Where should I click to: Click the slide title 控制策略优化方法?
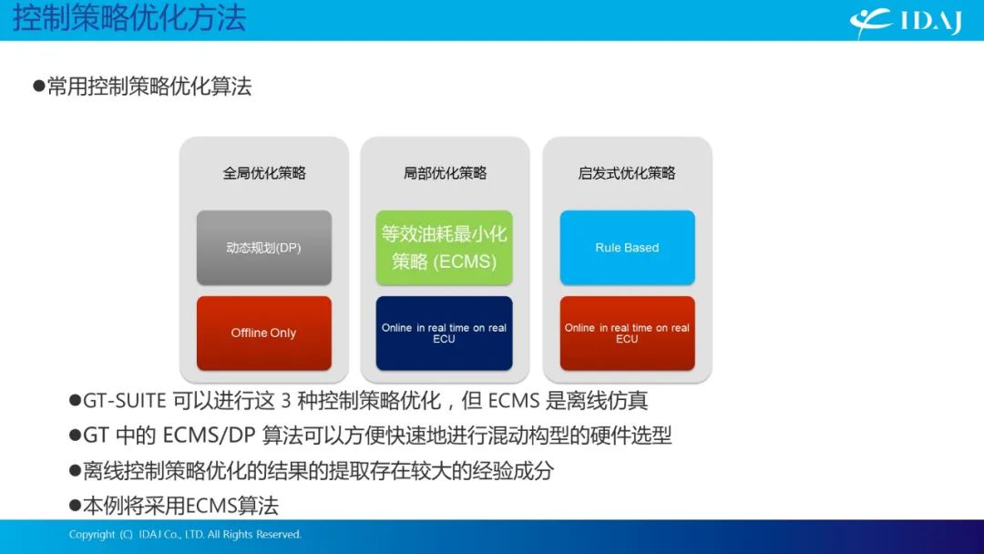coord(129,17)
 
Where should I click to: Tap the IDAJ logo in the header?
coord(906,22)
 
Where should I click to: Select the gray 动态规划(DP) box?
coord(263,248)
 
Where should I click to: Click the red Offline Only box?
coord(263,333)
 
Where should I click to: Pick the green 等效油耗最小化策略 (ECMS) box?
coord(445,248)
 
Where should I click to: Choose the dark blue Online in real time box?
coord(445,333)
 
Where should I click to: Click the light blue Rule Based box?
coord(627,248)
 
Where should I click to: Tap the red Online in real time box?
coord(627,333)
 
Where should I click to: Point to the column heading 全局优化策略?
coord(264,173)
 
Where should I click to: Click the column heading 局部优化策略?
coord(445,173)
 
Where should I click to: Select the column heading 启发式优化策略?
coord(626,173)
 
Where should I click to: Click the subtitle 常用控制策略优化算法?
coord(149,86)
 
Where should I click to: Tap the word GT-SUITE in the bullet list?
coord(124,400)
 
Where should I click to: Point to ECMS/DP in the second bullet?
coord(209,436)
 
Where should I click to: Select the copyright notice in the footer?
coord(185,535)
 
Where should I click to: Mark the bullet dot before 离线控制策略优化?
coord(76,470)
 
